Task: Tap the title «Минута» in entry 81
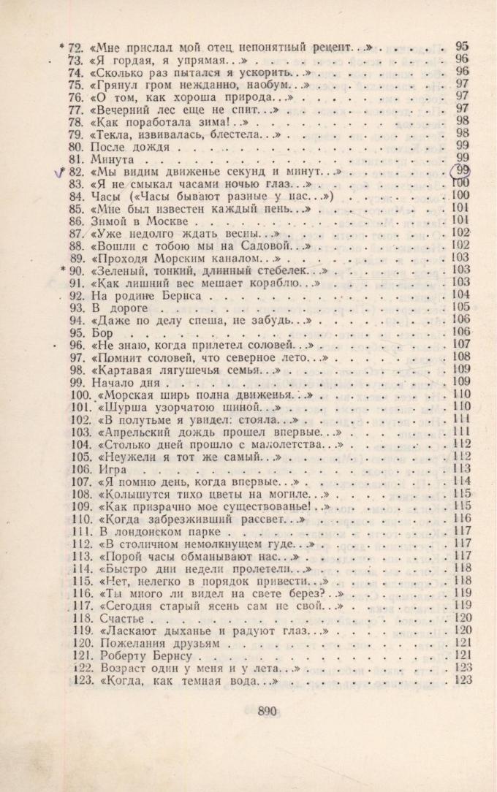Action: [x=113, y=159]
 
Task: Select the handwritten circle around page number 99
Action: [x=461, y=171]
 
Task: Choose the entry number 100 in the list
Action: [x=80, y=395]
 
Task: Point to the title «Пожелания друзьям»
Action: [x=157, y=644]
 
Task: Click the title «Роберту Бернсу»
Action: [x=139, y=656]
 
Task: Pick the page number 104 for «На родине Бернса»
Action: [x=460, y=295]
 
